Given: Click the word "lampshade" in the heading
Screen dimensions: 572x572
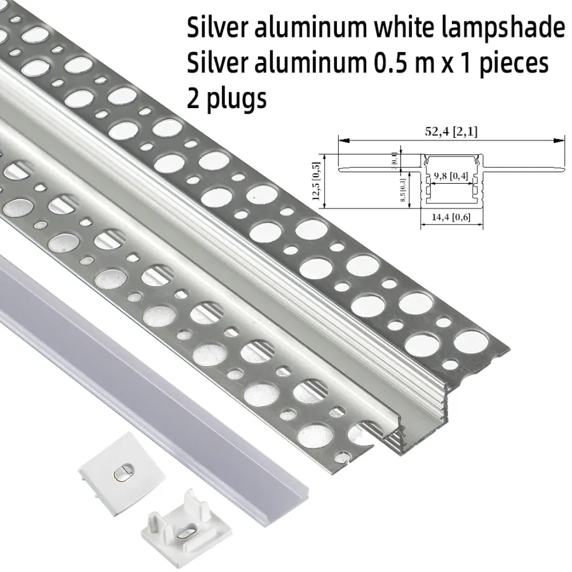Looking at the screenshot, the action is [x=503, y=29].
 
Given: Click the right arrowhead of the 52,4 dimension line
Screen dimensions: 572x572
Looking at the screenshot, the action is [x=559, y=140].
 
